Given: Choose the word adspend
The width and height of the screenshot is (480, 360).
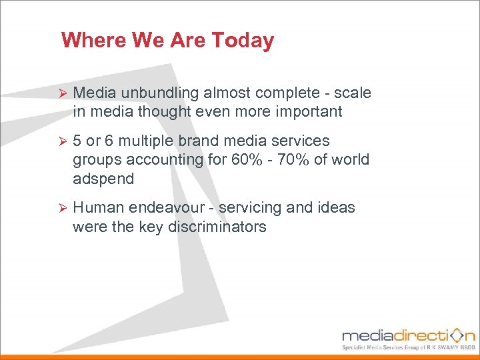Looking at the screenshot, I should [103, 179].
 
